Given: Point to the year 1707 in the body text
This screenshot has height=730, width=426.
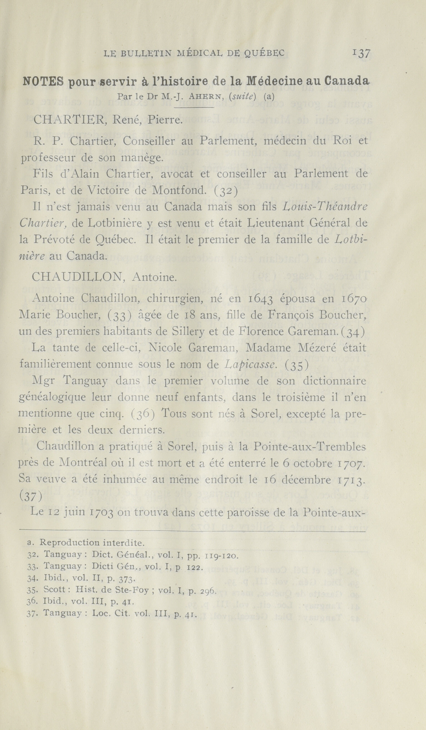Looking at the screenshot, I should (351, 464).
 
